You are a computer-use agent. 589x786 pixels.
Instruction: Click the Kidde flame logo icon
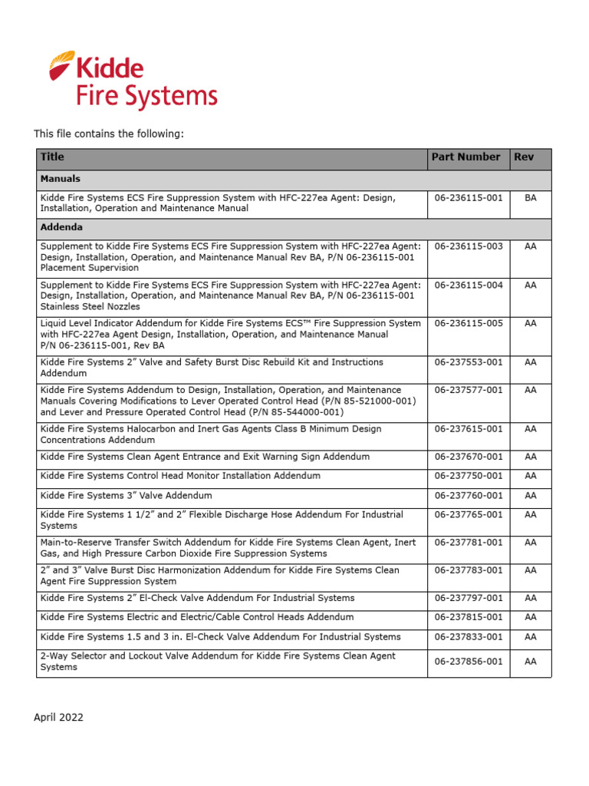tap(61, 64)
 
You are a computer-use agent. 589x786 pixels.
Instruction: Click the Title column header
tap(52, 157)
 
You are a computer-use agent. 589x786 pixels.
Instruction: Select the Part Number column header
tap(466, 157)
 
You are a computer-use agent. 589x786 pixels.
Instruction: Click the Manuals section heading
tap(60, 179)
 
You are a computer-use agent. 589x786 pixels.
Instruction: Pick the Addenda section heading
tap(61, 228)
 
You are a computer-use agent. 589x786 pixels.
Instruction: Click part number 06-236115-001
tap(469, 197)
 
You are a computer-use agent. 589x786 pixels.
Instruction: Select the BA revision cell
tap(530, 197)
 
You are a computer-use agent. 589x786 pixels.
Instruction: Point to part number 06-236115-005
tap(469, 323)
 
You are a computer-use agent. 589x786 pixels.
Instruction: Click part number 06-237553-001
tap(469, 362)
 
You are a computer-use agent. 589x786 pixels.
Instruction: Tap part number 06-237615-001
tap(469, 429)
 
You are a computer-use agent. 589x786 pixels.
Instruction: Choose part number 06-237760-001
tap(469, 496)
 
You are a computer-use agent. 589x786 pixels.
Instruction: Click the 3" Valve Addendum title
tap(127, 496)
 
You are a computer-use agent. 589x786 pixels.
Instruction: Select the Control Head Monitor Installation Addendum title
tap(180, 476)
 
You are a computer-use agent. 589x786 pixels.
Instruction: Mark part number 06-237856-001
tap(469, 662)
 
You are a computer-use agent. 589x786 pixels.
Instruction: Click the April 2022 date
tap(58, 718)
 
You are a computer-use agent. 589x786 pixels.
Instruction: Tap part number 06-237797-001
tap(469, 598)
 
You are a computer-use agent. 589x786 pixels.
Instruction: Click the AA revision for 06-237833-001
tap(530, 636)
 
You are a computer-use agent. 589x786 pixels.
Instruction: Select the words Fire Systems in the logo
tap(146, 97)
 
